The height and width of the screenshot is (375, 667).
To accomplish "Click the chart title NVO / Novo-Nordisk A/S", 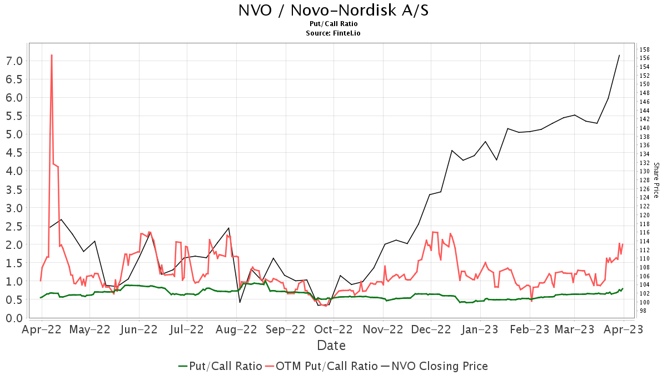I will [x=333, y=11].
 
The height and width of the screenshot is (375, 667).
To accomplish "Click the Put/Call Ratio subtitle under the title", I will [x=333, y=24].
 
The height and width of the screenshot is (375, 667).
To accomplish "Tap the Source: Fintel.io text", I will [x=333, y=33].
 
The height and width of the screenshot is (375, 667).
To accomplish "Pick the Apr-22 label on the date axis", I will [x=42, y=329].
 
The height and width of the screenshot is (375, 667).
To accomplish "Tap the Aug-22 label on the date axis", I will [x=236, y=329].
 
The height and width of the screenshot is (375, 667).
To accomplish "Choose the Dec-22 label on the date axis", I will [x=431, y=329].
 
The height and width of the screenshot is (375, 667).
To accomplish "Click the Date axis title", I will [x=331, y=346].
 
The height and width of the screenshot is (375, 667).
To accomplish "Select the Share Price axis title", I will [x=656, y=180].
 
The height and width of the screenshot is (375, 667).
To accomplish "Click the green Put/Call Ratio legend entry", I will [x=220, y=366].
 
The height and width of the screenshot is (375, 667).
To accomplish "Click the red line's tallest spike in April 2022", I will [x=52, y=55].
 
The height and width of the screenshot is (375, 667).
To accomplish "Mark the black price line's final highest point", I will [x=619, y=55].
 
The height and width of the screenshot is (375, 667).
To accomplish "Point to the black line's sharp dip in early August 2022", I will [x=240, y=302].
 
